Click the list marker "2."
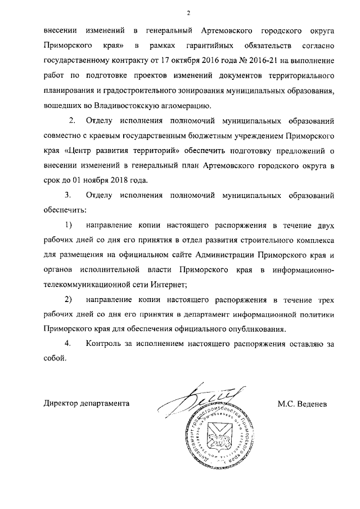pyautogui.click(x=71, y=121)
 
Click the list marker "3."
pyautogui.click(x=68, y=196)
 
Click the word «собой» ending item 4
pyautogui.click(x=55, y=357)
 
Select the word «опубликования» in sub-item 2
pyautogui.click(x=259, y=328)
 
